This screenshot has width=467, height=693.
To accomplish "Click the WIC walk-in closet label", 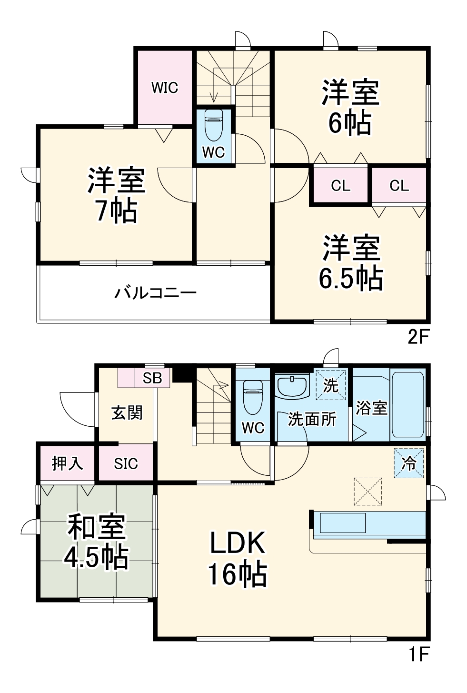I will [x=165, y=88].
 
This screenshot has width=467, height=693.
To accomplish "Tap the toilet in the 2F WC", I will [x=212, y=126].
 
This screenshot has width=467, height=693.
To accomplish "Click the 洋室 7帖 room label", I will [x=116, y=195].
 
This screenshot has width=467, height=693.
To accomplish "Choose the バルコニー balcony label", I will [x=155, y=292].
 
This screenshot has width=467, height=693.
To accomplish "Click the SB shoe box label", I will [x=152, y=378].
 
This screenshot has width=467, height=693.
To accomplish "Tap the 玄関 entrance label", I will [x=127, y=412].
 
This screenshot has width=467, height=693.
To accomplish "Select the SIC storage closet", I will [x=126, y=463].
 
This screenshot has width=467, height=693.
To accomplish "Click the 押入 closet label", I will [x=67, y=463].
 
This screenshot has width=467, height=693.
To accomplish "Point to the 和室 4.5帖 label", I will [x=97, y=542].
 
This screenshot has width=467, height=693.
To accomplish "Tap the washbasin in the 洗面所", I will [x=292, y=386].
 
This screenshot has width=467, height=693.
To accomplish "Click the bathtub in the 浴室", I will [x=407, y=405].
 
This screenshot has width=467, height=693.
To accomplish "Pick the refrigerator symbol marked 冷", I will [x=408, y=463].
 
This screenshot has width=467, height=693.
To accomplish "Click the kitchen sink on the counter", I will [x=342, y=523].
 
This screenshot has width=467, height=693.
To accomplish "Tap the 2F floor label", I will [x=418, y=337].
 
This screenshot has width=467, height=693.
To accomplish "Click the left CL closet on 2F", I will [x=340, y=185].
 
